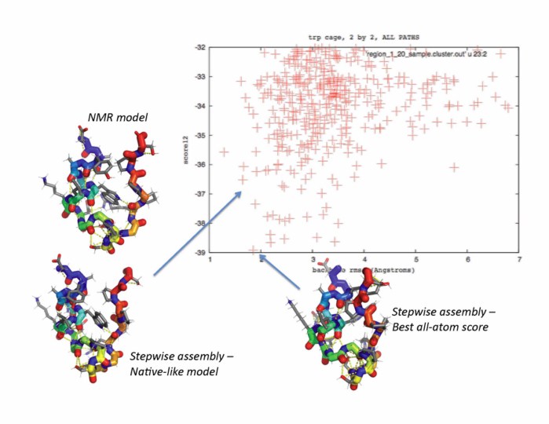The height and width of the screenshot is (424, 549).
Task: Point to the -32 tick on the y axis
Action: click(x=199, y=47)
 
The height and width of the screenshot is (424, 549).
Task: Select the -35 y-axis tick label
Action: click(x=199, y=135)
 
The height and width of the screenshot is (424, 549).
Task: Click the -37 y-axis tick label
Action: click(x=199, y=193)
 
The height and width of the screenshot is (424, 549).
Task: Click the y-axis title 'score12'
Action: click(x=181, y=149)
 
